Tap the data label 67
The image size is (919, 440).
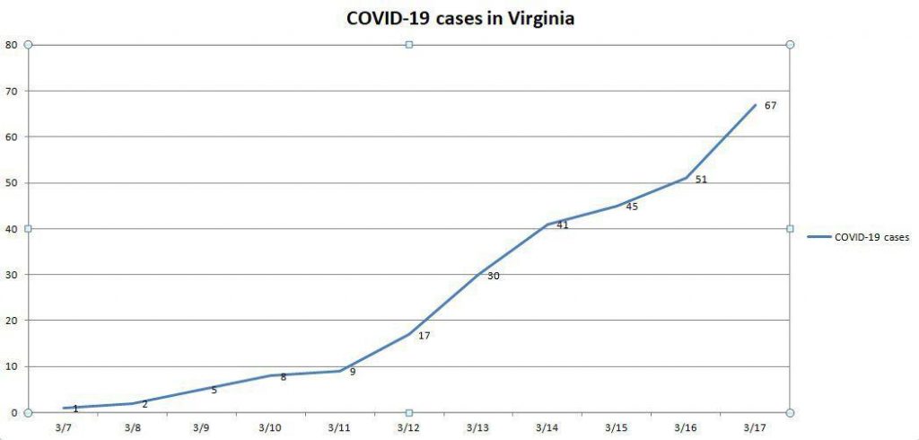click(x=770, y=106)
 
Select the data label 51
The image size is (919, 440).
click(x=701, y=180)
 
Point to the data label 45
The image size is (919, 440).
click(x=631, y=207)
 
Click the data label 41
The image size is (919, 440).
click(x=563, y=225)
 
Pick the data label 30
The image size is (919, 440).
click(x=494, y=277)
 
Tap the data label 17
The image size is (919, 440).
click(x=424, y=336)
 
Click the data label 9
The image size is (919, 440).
click(x=353, y=372)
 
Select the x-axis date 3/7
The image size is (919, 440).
click(x=64, y=427)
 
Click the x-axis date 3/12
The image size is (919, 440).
click(x=409, y=427)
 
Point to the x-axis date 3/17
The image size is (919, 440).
click(x=755, y=427)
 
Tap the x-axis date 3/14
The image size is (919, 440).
click(x=547, y=427)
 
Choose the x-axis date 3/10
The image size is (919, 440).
click(x=271, y=427)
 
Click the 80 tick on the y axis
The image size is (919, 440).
click(x=11, y=45)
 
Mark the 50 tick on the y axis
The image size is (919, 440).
click(x=11, y=183)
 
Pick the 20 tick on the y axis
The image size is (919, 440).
click(x=11, y=321)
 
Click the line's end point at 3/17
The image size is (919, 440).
click(x=755, y=105)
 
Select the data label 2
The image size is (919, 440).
click(x=144, y=404)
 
